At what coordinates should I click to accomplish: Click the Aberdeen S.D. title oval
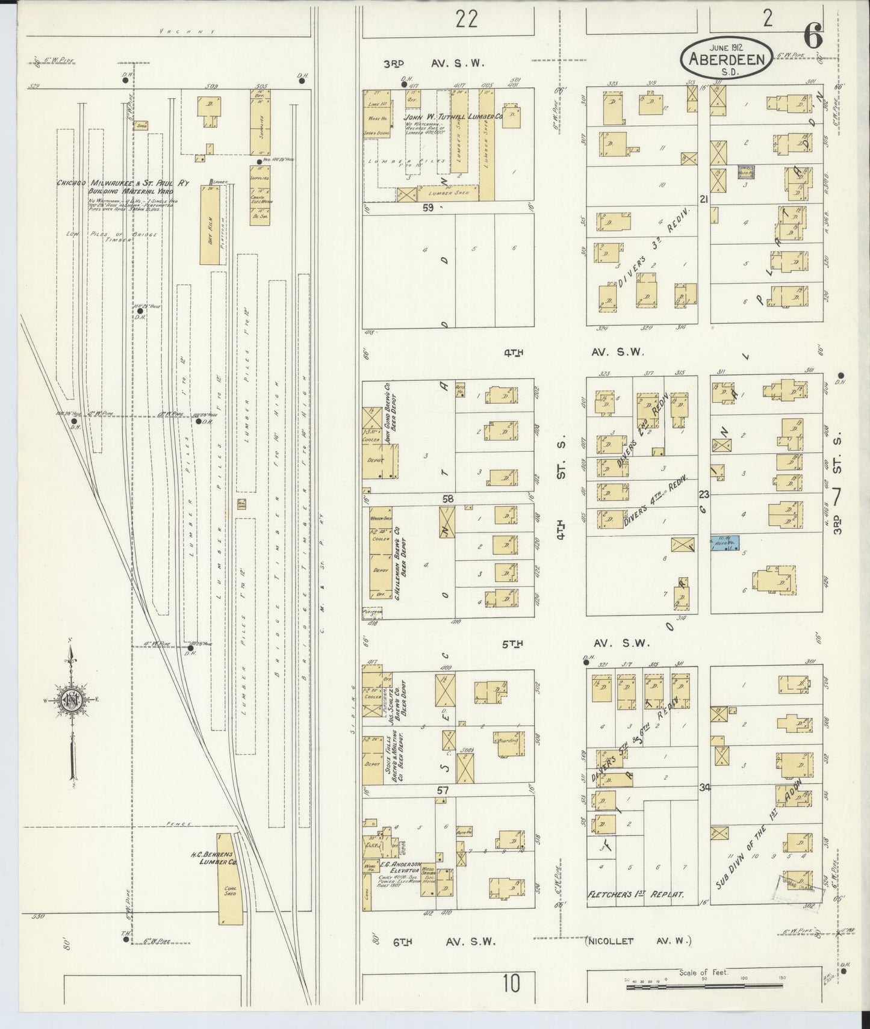(x=727, y=59)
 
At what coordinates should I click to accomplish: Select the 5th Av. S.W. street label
(x=574, y=643)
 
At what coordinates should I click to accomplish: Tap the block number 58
(x=448, y=499)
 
